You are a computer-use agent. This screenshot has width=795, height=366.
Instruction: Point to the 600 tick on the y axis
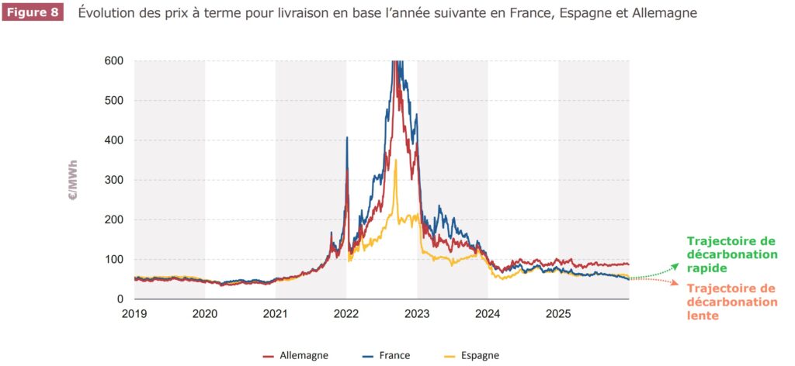click(x=113, y=60)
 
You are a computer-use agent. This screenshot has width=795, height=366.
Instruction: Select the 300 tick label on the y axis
click(x=113, y=180)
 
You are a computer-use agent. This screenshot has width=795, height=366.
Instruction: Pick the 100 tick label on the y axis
click(x=113, y=259)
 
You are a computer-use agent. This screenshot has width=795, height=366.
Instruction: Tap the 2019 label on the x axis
click(x=134, y=314)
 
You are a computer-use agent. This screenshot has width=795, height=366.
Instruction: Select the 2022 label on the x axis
click(x=346, y=314)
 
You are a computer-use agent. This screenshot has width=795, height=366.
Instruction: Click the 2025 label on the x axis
click(x=558, y=314)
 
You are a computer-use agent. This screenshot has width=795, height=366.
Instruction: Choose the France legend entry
click(x=386, y=355)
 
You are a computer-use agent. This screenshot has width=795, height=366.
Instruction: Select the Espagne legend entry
click(x=472, y=355)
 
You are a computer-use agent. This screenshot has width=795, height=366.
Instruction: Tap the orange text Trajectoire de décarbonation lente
click(x=731, y=302)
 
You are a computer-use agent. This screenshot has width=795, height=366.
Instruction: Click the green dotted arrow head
click(x=676, y=265)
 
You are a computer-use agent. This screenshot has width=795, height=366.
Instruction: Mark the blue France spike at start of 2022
click(x=346, y=138)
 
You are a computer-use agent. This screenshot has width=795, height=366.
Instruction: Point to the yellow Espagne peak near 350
click(x=396, y=161)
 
